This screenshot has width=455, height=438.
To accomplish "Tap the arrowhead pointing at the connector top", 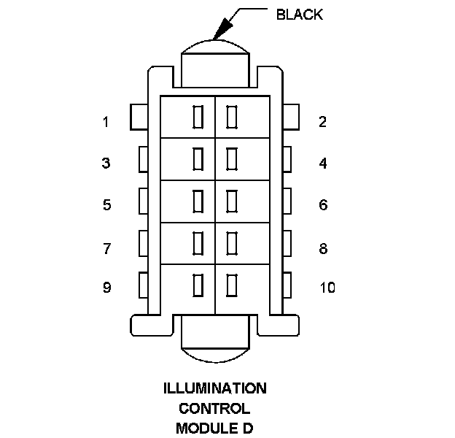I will (221, 30).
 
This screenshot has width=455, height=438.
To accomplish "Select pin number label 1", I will (106, 122).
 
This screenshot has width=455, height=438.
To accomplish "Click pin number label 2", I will (322, 122).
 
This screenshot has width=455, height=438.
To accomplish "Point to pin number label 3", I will (106, 163).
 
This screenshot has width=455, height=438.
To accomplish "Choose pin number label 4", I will (323, 163).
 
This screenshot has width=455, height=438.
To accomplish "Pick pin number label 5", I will (106, 205).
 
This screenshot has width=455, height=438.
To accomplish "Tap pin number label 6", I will (323, 205).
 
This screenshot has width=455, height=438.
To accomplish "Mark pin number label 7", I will (106, 249).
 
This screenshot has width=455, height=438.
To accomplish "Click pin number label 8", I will (323, 249).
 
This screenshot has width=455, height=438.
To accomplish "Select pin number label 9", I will (106, 288).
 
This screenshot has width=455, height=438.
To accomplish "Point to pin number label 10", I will (327, 288).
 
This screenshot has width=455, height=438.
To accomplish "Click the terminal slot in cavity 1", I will (198, 117).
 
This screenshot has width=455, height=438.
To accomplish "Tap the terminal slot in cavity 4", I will (232, 158).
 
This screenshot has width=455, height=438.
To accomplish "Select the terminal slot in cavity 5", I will (198, 200).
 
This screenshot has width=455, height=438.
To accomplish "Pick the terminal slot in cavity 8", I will (232, 242).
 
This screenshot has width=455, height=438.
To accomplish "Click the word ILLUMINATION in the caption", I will (215, 388).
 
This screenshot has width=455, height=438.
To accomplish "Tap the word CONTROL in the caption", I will (214, 408).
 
